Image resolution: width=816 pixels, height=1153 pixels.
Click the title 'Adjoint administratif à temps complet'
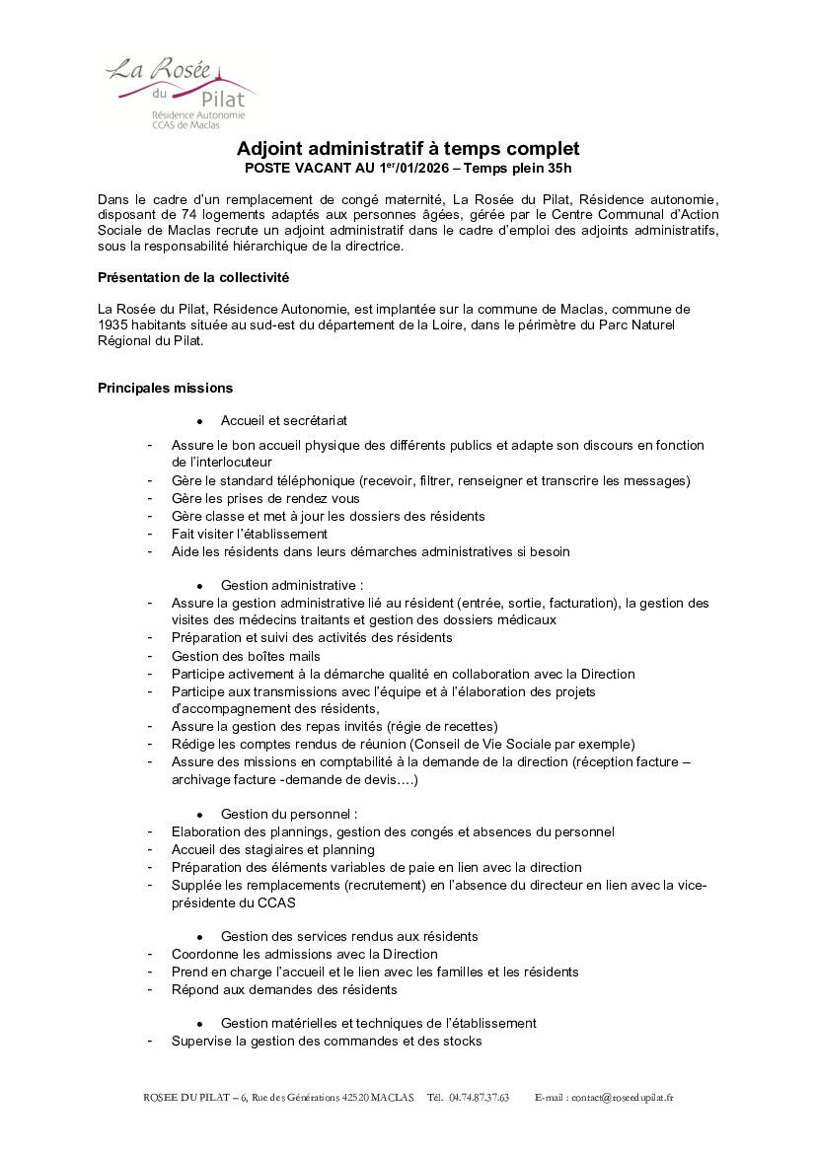(408, 149)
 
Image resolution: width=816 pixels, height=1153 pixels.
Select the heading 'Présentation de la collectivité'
(192, 275)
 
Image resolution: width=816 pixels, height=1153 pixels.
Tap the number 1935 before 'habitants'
(113, 324)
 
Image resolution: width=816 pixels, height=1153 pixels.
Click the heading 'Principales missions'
(165, 388)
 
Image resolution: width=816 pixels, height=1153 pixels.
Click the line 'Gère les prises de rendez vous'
(265, 498)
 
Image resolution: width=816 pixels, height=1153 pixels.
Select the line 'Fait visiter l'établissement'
(249, 534)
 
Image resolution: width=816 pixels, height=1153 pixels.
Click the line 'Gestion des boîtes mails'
(246, 656)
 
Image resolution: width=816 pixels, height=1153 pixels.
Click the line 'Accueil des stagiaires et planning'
(272, 849)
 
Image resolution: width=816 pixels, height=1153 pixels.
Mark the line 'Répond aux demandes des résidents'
(284, 989)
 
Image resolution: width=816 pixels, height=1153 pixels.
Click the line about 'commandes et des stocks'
(327, 1041)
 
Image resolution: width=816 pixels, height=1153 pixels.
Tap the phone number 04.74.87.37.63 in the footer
(479, 1098)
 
